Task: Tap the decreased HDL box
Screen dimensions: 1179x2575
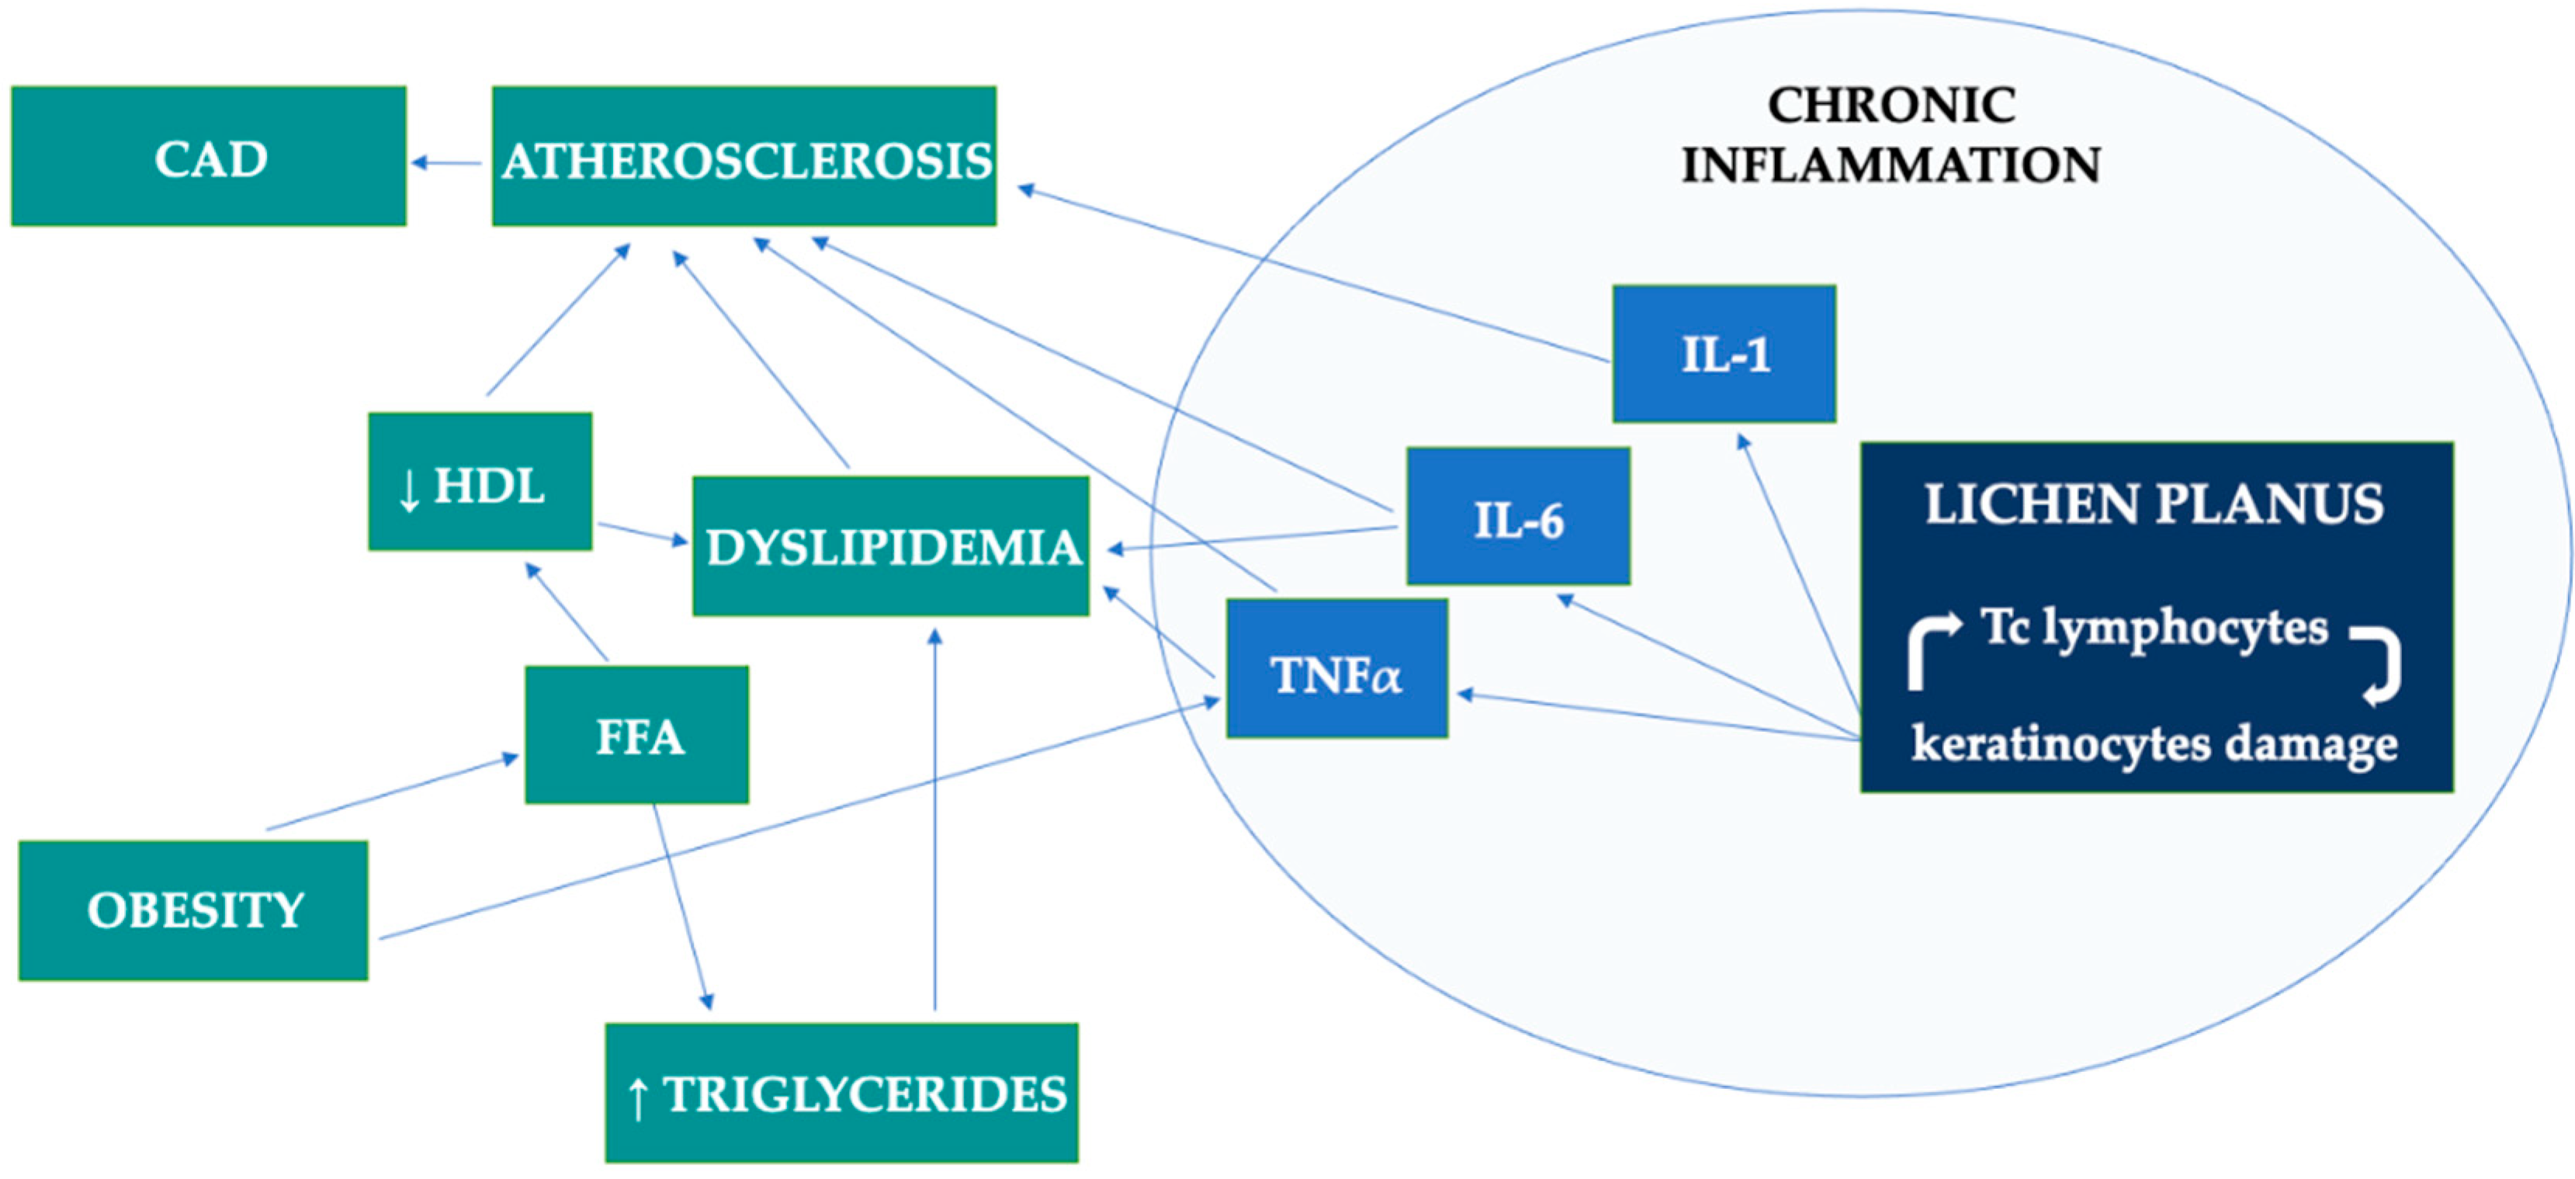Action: point(480,482)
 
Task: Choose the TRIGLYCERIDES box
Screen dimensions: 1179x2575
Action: point(842,1092)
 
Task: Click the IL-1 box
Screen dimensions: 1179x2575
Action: point(1724,354)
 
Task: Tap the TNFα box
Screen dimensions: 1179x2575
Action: point(1336,669)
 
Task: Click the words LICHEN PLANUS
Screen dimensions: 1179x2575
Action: point(2154,503)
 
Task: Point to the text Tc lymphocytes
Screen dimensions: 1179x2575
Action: point(2154,628)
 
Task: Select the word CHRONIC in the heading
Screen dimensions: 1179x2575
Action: point(1891,105)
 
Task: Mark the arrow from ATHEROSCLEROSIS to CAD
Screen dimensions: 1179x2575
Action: point(447,162)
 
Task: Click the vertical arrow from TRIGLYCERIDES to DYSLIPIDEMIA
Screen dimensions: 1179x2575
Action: point(934,820)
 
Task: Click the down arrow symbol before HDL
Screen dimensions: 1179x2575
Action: point(408,490)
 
